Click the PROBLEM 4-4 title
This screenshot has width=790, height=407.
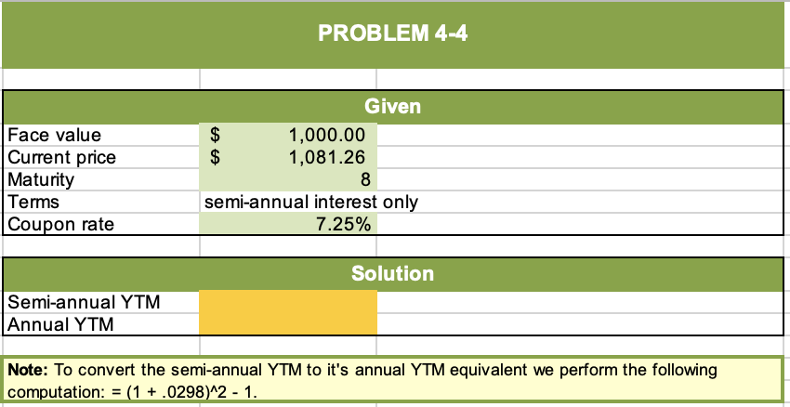(x=393, y=35)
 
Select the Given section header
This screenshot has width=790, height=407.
(x=392, y=107)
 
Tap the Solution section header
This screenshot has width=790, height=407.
(x=392, y=274)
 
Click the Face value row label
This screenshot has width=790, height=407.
(x=54, y=137)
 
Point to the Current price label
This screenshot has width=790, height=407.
(x=61, y=157)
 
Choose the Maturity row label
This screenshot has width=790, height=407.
(x=41, y=179)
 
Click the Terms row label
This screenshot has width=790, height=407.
(x=33, y=202)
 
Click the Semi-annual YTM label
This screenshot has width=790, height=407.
(x=83, y=302)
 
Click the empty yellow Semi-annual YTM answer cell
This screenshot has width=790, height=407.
(x=288, y=302)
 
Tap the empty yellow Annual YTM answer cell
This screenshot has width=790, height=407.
(x=288, y=324)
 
